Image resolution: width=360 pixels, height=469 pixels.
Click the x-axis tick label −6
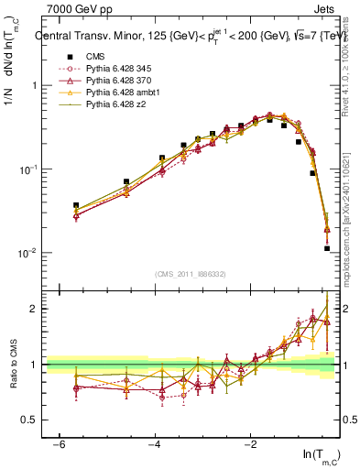click(59, 443)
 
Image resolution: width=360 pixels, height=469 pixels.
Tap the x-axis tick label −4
click(155, 443)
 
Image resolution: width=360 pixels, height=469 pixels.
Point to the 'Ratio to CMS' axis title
click(12, 364)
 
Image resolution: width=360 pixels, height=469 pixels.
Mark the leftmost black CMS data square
click(76, 205)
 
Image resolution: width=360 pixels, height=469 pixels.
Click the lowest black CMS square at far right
click(327, 248)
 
